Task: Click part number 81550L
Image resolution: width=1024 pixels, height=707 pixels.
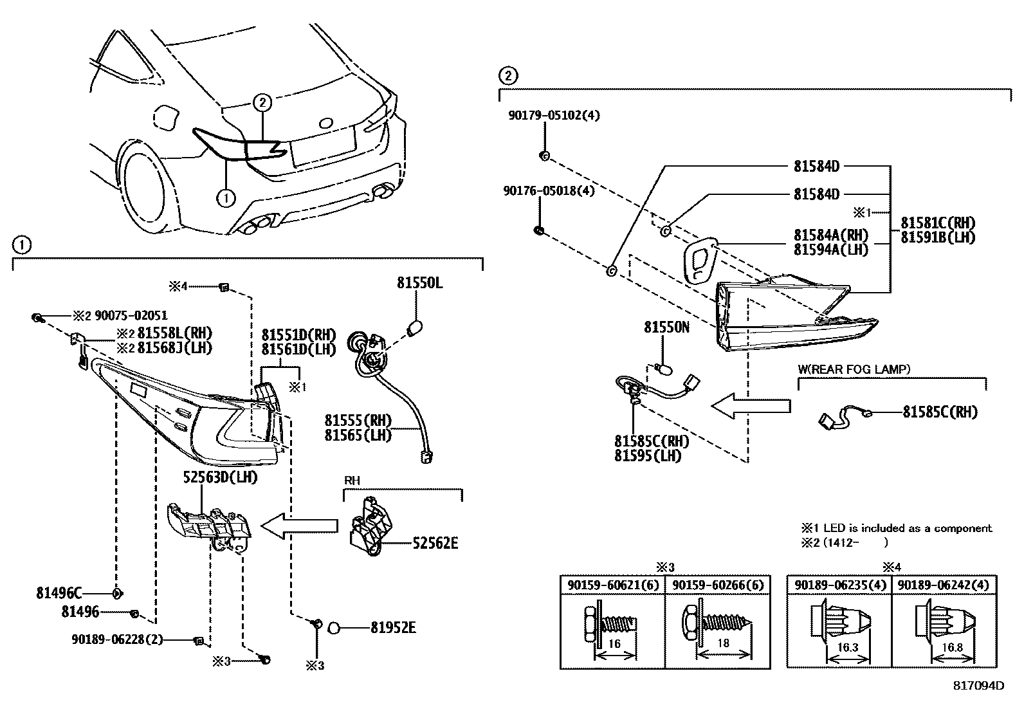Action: [419, 283]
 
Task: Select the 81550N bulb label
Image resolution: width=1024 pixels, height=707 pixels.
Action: [666, 327]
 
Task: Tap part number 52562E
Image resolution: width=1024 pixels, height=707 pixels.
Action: [435, 544]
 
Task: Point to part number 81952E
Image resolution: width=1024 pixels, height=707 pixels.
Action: [392, 627]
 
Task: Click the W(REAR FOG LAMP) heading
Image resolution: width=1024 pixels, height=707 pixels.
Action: [854, 369]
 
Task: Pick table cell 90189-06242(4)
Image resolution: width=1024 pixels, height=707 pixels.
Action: [944, 585]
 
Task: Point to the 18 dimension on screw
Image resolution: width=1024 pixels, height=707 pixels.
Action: [722, 643]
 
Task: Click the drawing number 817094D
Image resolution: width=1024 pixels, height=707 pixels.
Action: [978, 686]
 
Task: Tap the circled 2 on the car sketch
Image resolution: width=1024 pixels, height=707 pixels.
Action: [262, 102]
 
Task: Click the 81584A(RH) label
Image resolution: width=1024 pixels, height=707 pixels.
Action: [830, 235]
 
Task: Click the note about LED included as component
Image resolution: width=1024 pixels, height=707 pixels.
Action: [896, 528]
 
